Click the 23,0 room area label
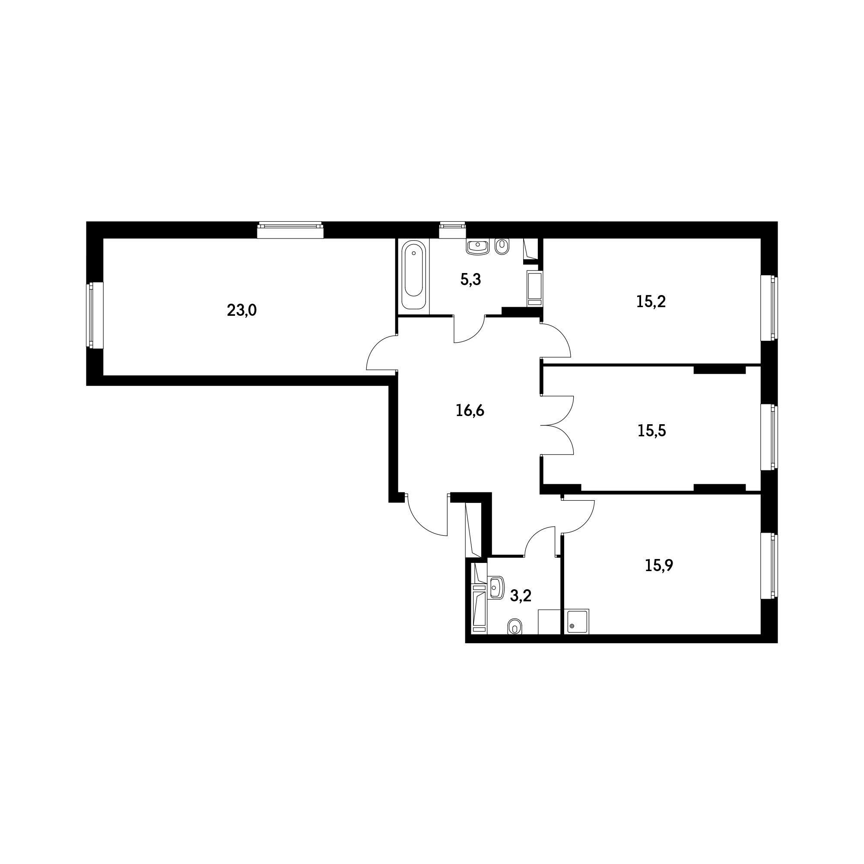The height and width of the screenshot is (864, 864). (x=241, y=310)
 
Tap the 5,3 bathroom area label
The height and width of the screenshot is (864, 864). (x=470, y=280)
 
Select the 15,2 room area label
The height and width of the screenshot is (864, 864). (x=651, y=302)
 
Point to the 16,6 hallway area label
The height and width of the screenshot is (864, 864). (x=470, y=410)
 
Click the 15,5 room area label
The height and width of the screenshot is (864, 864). (x=651, y=431)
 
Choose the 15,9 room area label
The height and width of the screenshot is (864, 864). (x=659, y=565)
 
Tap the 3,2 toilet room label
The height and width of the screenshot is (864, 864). (x=521, y=596)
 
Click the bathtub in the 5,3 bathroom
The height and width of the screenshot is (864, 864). (x=414, y=275)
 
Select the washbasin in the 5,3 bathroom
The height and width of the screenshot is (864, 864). (x=478, y=246)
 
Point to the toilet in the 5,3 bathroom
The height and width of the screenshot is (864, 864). (x=502, y=246)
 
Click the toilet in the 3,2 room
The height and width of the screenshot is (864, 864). (x=515, y=627)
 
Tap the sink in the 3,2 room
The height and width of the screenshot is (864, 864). (x=496, y=588)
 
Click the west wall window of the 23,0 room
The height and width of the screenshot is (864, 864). (x=95, y=315)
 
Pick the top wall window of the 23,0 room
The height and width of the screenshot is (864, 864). (x=290, y=230)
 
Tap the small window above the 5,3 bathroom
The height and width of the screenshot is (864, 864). (x=453, y=230)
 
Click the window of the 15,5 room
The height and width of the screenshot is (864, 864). (x=769, y=437)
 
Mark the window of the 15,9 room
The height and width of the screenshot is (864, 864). (x=769, y=566)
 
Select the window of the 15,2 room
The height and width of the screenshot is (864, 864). (x=769, y=308)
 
